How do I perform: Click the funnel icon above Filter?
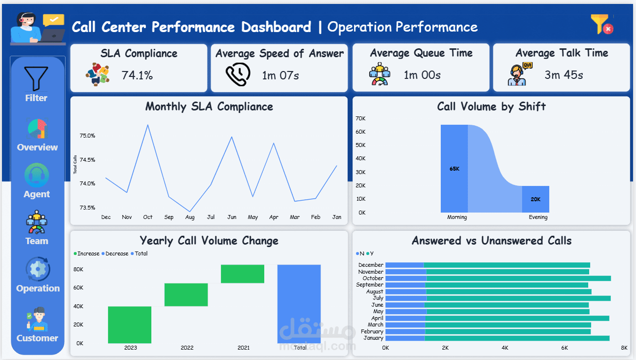click(36, 78)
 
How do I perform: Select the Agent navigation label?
click(36, 194)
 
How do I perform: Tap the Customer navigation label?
click(37, 338)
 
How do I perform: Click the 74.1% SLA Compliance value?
click(137, 75)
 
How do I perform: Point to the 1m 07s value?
click(280, 75)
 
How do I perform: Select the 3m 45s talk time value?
click(564, 75)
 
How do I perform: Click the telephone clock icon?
click(238, 74)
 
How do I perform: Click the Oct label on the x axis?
click(147, 217)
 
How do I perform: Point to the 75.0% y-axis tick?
click(87, 136)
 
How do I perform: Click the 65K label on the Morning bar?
click(454, 169)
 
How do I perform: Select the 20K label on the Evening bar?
click(535, 199)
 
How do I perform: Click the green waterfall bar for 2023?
click(130, 325)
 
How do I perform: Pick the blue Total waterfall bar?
click(299, 304)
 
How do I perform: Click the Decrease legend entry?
click(115, 253)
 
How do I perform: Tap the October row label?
click(373, 278)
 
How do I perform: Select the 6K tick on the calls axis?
click(565, 348)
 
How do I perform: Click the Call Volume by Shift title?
click(491, 107)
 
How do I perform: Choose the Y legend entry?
click(370, 253)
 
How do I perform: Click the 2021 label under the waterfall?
click(244, 348)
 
